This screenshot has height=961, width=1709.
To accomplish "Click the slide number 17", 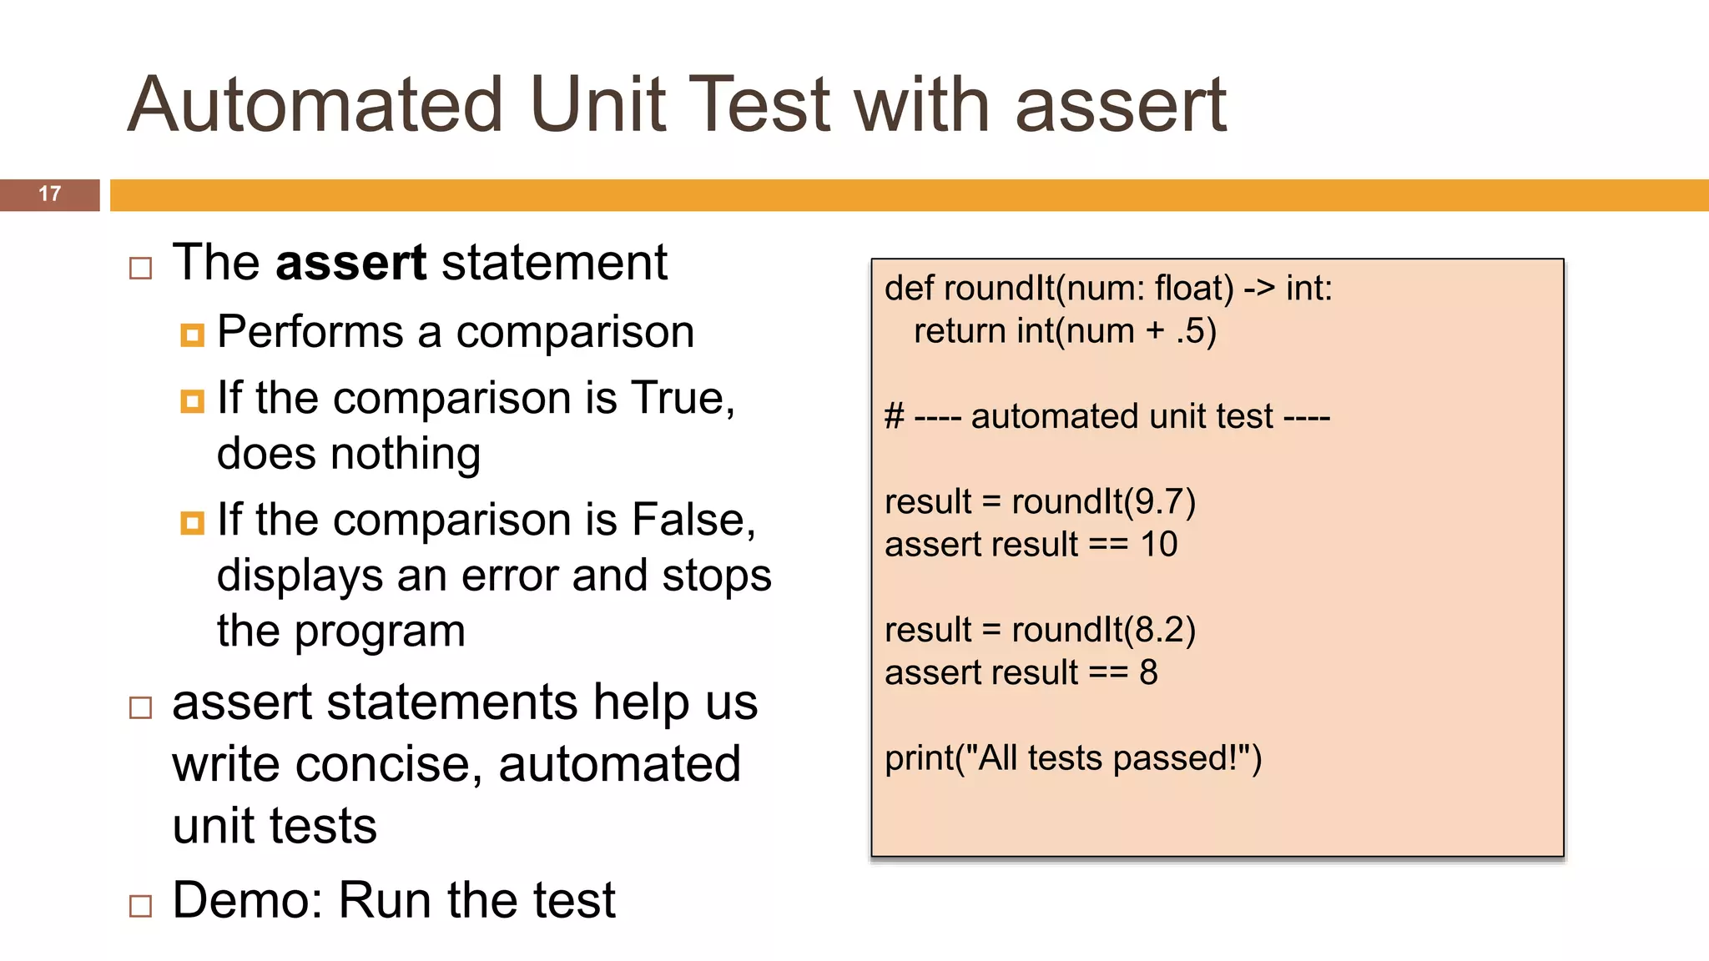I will (x=49, y=194).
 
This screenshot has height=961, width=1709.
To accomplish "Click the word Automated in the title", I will (x=315, y=105).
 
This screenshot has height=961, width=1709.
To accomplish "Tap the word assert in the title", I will (x=1120, y=105).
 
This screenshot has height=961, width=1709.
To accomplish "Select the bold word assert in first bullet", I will (x=350, y=263).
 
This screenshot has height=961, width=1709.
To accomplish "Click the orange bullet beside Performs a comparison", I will (x=192, y=335).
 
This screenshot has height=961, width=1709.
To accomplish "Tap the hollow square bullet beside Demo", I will (x=141, y=905).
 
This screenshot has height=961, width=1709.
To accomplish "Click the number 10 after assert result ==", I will (x=1158, y=545).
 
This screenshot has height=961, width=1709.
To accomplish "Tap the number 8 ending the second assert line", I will (x=1148, y=672).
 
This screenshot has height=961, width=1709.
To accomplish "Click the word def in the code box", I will (x=910, y=289).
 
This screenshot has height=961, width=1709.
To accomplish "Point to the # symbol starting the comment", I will (x=894, y=416).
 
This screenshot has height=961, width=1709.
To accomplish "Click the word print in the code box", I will (x=917, y=758).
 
